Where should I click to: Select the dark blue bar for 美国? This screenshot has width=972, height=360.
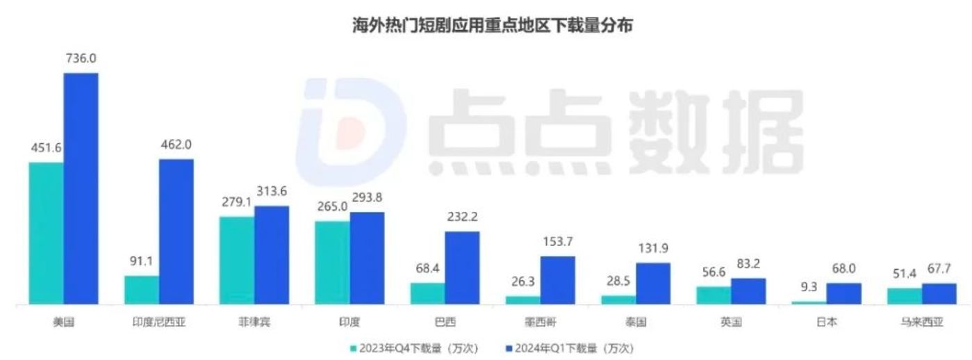coord(81,188)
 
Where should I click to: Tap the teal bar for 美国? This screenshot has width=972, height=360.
coord(46,233)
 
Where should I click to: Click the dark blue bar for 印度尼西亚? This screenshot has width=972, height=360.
coord(176,231)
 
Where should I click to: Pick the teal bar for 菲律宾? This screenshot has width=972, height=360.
coord(237,260)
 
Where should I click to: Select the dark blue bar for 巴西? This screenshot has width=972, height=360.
coord(462,268)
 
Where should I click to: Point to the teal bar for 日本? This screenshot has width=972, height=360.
coord(809,302)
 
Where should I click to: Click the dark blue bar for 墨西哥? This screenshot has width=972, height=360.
coord(558,280)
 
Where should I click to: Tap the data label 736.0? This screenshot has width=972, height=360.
coord(81,60)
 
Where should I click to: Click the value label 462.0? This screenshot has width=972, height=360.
coord(176,145)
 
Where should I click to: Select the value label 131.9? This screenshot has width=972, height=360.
coord(653,249)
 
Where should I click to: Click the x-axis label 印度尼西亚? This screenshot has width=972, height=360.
coord(159,322)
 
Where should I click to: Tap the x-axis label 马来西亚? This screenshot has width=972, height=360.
coord(905,322)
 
